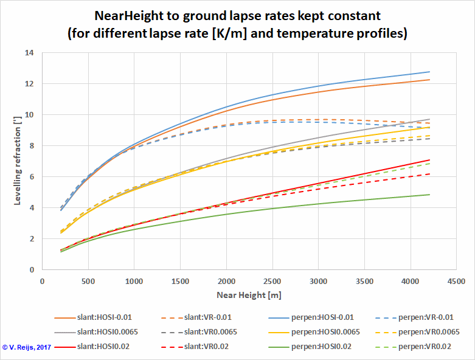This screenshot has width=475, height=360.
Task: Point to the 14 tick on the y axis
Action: (29, 53)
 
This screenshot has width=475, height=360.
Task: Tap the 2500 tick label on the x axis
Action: (272, 282)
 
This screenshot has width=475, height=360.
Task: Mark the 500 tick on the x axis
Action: (88, 282)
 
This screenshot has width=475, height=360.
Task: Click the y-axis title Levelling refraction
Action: (18, 161)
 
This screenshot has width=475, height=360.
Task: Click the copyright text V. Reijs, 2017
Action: (27, 347)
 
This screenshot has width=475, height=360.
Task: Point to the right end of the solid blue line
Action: (429, 72)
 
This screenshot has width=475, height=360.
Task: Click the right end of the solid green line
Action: (429, 195)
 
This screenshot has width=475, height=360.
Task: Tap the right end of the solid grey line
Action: (429, 119)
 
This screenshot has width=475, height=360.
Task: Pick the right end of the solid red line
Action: (429, 160)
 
